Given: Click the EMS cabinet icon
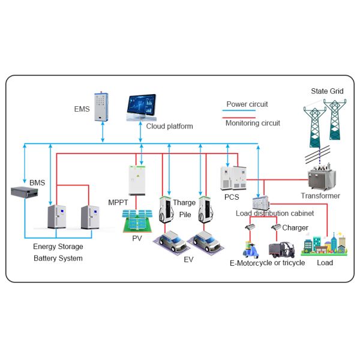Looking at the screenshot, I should pos(103,107).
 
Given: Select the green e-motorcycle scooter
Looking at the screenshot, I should pos(251,247).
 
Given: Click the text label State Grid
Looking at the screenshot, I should pos(327,91).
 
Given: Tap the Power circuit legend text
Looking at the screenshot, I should pos(247,104).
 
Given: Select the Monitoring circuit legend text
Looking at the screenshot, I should pos(253,123).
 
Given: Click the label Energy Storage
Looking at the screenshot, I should pos(58,247).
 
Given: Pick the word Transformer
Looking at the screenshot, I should pos(320,196).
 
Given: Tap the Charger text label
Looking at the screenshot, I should pos(295,228).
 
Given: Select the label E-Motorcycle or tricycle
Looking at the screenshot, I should pos(268,263).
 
